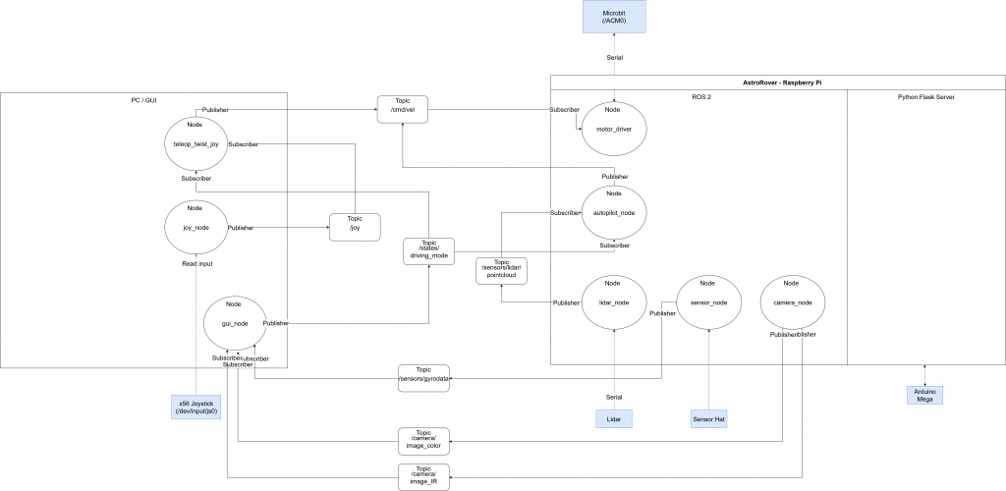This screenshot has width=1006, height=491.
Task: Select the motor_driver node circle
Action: coord(613,134)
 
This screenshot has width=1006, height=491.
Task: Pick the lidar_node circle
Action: coord(613,302)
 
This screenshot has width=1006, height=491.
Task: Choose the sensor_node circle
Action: coord(707,302)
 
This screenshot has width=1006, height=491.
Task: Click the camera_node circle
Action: coord(792,302)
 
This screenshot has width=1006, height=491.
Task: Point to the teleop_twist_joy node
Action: coord(195,143)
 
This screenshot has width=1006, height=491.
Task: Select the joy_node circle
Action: coord(195,227)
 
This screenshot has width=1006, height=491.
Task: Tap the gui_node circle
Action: coord(235,322)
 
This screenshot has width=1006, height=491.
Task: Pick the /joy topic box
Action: coord(354,228)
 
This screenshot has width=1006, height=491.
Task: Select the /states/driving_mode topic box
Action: coord(428,250)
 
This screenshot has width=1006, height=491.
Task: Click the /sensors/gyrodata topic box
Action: coord(423,377)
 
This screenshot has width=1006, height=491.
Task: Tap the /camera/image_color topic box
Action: coord(423,439)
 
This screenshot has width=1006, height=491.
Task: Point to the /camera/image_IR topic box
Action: coord(423,476)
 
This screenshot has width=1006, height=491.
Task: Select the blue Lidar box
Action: coord(614,419)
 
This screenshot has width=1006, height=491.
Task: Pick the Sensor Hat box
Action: coord(707,419)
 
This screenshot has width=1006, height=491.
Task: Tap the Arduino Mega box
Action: coord(925,395)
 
